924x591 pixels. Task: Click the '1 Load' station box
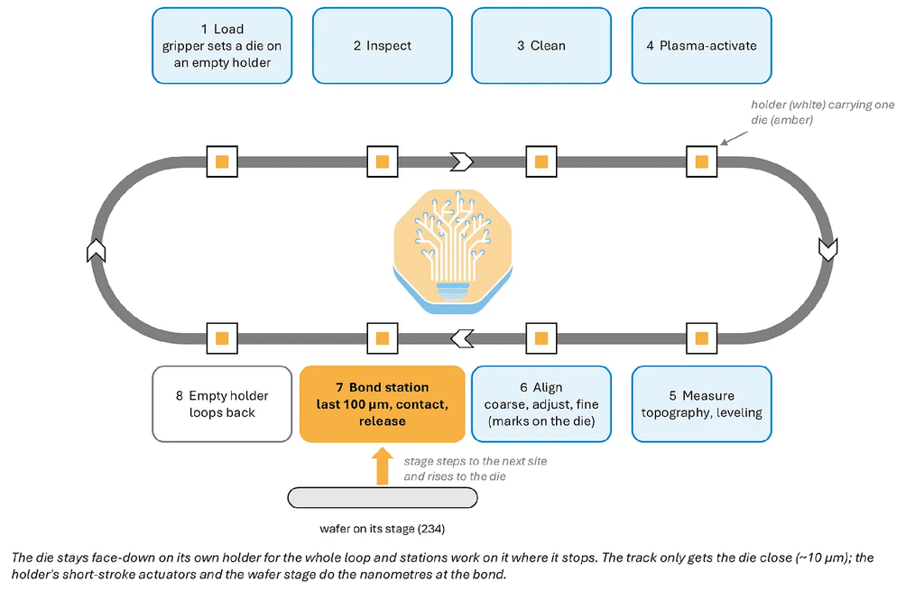pyautogui.click(x=222, y=45)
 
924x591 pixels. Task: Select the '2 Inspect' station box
pyautogui.click(x=383, y=45)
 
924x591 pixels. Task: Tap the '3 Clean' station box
pyautogui.click(x=541, y=45)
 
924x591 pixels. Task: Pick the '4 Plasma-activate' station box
pyautogui.click(x=702, y=45)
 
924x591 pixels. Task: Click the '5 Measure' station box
pyautogui.click(x=702, y=404)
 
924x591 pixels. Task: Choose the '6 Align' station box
pyautogui.click(x=541, y=404)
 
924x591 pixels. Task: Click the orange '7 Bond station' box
pyautogui.click(x=383, y=404)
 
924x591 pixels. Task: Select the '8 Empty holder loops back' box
pyautogui.click(x=222, y=404)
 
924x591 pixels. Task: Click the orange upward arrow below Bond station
pyautogui.click(x=383, y=466)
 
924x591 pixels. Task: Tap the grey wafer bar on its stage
pyautogui.click(x=383, y=498)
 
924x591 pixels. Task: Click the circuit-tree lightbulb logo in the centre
pyautogui.click(x=453, y=251)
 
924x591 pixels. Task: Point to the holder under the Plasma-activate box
pyautogui.click(x=702, y=162)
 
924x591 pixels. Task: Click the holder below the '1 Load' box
pyautogui.click(x=222, y=162)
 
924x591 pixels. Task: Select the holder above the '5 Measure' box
pyautogui.click(x=702, y=338)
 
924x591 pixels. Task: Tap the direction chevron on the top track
pyautogui.click(x=462, y=162)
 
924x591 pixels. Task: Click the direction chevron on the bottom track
pyautogui.click(x=463, y=338)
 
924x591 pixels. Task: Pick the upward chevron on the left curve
pyautogui.click(x=96, y=251)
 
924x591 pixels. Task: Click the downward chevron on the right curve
pyautogui.click(x=828, y=249)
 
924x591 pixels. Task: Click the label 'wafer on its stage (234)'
pyautogui.click(x=383, y=529)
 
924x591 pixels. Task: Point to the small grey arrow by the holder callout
pyautogui.click(x=734, y=138)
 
